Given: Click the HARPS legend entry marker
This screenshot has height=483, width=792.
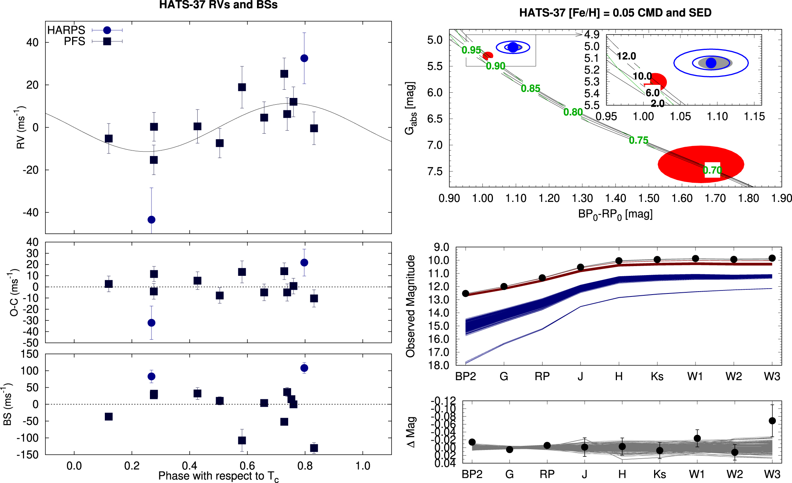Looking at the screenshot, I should click(x=107, y=30).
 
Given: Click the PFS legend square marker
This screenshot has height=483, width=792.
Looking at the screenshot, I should click(x=107, y=41).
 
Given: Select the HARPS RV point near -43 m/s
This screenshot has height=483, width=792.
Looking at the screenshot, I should click(x=151, y=220).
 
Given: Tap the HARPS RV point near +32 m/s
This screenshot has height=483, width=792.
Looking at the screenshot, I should click(x=304, y=58).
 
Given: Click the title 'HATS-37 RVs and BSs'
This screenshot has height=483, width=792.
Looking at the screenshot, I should click(x=218, y=5).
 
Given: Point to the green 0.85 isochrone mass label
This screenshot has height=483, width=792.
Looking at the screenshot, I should click(x=530, y=89).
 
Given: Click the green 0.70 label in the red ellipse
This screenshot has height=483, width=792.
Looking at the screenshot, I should click(x=712, y=170).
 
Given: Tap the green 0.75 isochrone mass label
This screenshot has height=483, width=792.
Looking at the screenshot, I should click(x=638, y=140).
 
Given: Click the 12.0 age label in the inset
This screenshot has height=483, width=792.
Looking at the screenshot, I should click(x=626, y=56).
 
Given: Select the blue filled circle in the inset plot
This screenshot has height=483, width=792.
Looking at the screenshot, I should click(x=711, y=63).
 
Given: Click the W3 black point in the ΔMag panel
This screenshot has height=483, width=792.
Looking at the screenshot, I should click(x=772, y=421).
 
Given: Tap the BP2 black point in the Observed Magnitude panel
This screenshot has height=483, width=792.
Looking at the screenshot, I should click(x=466, y=293).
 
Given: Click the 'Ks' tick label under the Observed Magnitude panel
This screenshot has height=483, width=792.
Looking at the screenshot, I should click(x=657, y=376).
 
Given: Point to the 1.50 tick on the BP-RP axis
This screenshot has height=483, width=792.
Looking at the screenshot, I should click(x=649, y=198).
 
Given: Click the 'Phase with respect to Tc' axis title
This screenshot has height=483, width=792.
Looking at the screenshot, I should click(x=218, y=476).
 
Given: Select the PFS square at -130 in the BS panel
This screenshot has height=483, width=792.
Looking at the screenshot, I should click(x=314, y=448).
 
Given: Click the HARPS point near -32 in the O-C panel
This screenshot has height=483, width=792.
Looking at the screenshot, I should click(x=151, y=323).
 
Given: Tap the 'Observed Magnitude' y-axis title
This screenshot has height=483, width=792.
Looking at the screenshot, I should click(x=410, y=306).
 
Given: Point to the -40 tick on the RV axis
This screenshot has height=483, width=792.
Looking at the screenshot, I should click(x=30, y=213).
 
